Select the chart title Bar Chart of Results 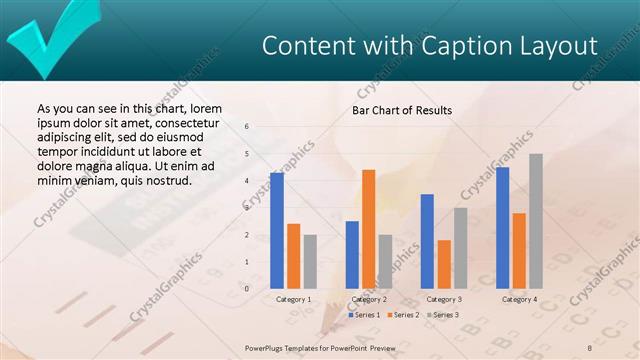(x=401, y=110)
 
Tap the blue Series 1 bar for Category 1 (x=277, y=230)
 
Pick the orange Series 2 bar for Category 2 (x=368, y=229)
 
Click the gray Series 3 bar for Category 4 (x=536, y=221)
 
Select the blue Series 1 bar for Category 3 (x=427, y=241)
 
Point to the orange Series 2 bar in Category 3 (x=444, y=264)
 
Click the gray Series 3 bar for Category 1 (x=310, y=261)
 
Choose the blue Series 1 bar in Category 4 (x=502, y=227)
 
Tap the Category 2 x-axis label (x=369, y=299)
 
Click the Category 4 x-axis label (x=519, y=299)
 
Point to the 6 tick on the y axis (x=248, y=127)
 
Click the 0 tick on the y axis (x=248, y=289)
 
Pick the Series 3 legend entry (x=443, y=315)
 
